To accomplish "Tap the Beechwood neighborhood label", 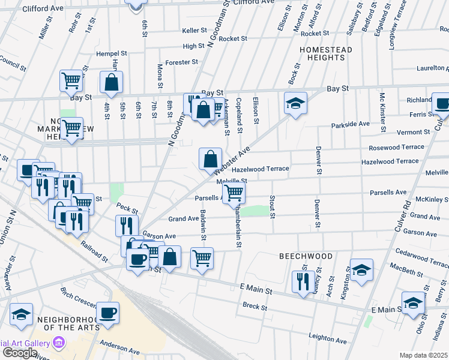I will click(306, 256).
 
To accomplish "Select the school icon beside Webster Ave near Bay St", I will click(295, 103).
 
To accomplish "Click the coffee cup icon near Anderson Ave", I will click(108, 313).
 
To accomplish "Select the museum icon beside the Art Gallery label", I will click(59, 342).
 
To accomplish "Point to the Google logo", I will click(20, 353).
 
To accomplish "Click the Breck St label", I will click(255, 307).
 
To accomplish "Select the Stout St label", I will click(273, 206).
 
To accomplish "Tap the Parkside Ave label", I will click(351, 124).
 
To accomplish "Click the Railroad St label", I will click(96, 252).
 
